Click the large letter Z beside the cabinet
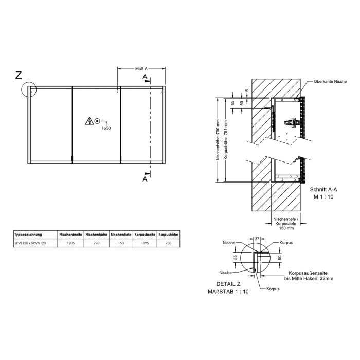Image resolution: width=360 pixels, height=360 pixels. point(19,76)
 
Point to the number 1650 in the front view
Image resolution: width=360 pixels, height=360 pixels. point(106,128)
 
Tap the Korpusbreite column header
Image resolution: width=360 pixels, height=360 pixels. point(145,234)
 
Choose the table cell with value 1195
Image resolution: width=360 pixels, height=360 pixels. point(145,243)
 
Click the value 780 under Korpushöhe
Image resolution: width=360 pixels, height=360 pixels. point(169,243)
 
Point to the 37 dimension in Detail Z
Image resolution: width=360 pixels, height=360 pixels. point(256,238)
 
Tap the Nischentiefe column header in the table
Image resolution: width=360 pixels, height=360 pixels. point(120,234)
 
